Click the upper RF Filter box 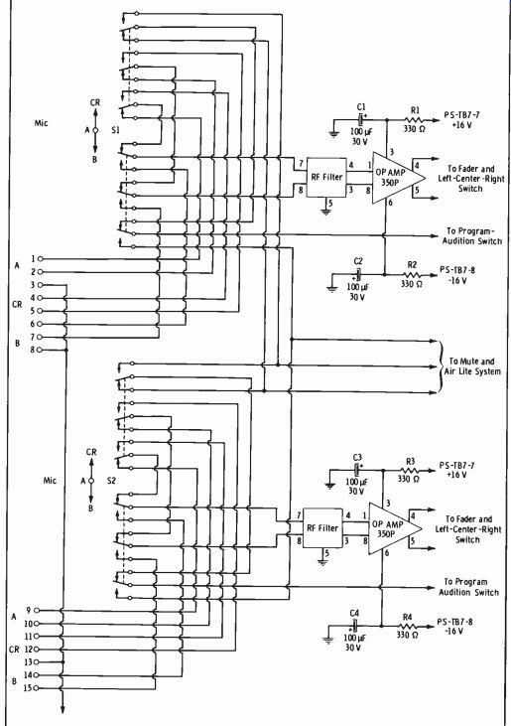point(326,178)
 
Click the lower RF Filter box point(322,528)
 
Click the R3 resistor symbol point(409,471)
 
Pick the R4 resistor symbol point(407,626)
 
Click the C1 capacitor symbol point(360,120)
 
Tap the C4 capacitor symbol point(354,626)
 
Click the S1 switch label point(115,130)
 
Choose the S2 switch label point(111,481)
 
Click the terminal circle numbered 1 point(40,259)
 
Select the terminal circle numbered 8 point(40,350)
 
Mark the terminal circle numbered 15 point(36,688)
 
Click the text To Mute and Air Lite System point(472,366)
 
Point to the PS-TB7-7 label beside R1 point(458,115)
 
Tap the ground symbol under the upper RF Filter point(326,212)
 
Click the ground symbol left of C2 point(331,289)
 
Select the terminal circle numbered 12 point(36,650)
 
